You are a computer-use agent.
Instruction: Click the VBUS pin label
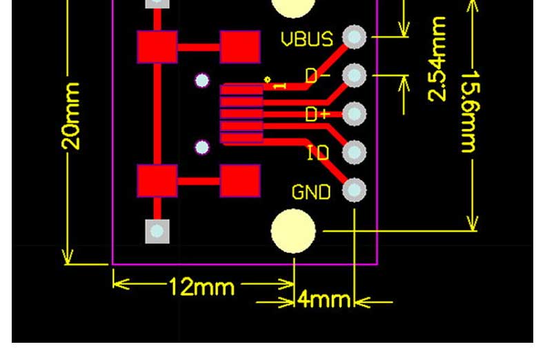click(307, 39)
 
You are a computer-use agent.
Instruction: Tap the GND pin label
click(311, 192)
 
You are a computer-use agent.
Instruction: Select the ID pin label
click(318, 152)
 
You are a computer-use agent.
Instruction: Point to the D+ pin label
click(317, 114)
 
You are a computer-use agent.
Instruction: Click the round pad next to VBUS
click(354, 37)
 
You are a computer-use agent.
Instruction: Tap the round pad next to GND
click(354, 190)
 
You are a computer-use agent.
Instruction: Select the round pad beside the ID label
click(354, 152)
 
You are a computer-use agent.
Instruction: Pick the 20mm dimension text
click(70, 116)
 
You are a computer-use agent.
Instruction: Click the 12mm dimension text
click(201, 287)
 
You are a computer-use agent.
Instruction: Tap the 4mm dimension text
click(324, 299)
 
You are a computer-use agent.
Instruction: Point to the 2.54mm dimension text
click(437, 59)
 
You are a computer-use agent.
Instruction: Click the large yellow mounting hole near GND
click(293, 231)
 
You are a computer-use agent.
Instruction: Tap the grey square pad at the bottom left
click(157, 231)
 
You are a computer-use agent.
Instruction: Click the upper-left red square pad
click(157, 47)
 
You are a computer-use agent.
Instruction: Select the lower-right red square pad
click(240, 181)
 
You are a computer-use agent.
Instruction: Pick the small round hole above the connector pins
click(202, 81)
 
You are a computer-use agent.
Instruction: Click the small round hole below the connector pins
click(202, 148)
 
